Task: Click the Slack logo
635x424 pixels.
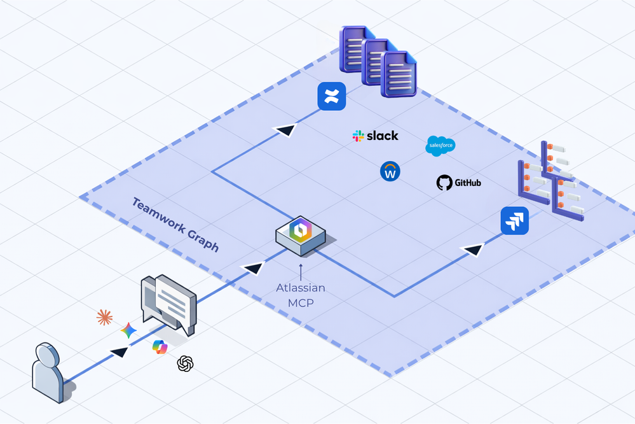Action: (x=375, y=136)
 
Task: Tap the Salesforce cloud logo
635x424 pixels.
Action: (x=440, y=146)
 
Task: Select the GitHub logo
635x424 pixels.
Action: (x=458, y=183)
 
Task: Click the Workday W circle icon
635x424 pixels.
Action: (x=390, y=171)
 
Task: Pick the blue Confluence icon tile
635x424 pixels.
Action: (x=332, y=96)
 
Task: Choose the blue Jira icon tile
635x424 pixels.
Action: (x=514, y=221)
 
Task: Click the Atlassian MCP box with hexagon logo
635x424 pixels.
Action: (x=301, y=234)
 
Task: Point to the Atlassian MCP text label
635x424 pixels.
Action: (x=301, y=295)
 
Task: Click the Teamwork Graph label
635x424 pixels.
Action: (x=175, y=225)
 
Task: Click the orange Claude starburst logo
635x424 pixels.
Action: (x=104, y=317)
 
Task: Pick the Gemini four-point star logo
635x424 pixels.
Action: (x=128, y=330)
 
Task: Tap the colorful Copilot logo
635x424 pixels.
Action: (x=160, y=346)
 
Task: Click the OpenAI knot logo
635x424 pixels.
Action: (x=185, y=364)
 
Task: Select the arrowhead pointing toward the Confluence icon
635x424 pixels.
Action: (x=285, y=130)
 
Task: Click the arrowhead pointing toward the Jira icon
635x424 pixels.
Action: (x=473, y=250)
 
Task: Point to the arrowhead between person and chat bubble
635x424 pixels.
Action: (x=119, y=351)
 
